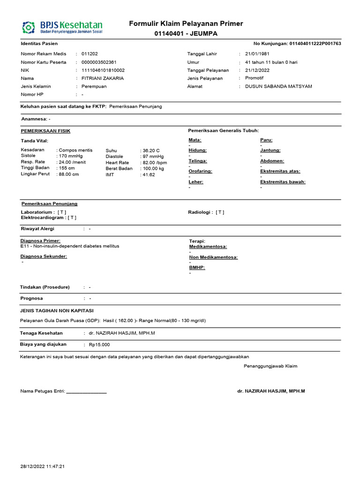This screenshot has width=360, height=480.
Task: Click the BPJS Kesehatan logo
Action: coord(62,27)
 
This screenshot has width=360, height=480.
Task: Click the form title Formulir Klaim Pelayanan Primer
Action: coord(186,24)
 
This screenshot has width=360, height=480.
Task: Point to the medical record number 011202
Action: coord(90,54)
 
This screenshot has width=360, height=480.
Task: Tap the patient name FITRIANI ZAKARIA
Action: coord(103,78)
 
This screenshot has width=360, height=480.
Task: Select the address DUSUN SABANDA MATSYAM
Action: coord(278,86)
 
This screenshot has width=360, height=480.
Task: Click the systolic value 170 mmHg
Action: coord(71,156)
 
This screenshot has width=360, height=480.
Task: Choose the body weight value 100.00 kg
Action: coord(154,168)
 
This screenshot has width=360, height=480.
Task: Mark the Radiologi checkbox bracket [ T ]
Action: coord(220,212)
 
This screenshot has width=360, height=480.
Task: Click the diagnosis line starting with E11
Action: coord(70,246)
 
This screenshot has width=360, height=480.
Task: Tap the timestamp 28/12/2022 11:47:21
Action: coord(42,466)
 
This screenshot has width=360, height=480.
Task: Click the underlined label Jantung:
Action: coord(270,150)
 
